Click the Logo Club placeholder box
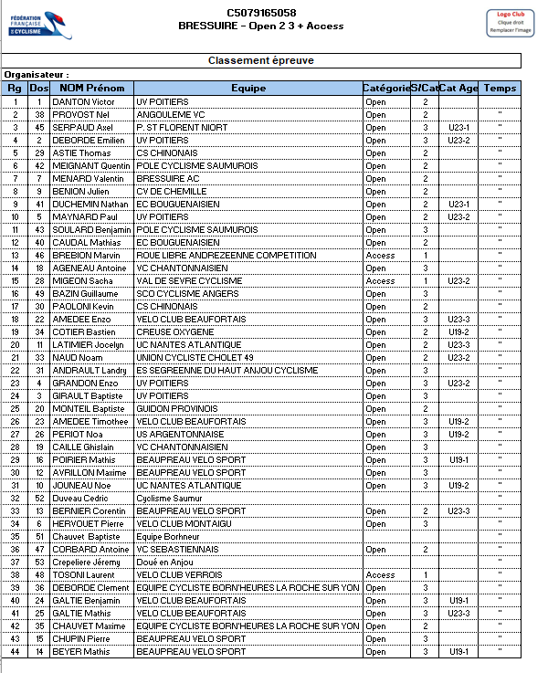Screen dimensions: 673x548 509,23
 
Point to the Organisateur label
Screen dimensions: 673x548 37,75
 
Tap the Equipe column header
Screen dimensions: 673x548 248,89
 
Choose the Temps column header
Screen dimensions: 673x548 500,89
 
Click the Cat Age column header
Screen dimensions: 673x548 458,89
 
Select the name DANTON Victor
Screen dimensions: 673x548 83,101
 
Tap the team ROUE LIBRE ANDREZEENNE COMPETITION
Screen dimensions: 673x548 226,256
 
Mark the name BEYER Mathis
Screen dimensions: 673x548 81,652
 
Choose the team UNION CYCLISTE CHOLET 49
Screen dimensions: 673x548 194,357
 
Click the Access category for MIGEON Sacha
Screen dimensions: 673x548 380,281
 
